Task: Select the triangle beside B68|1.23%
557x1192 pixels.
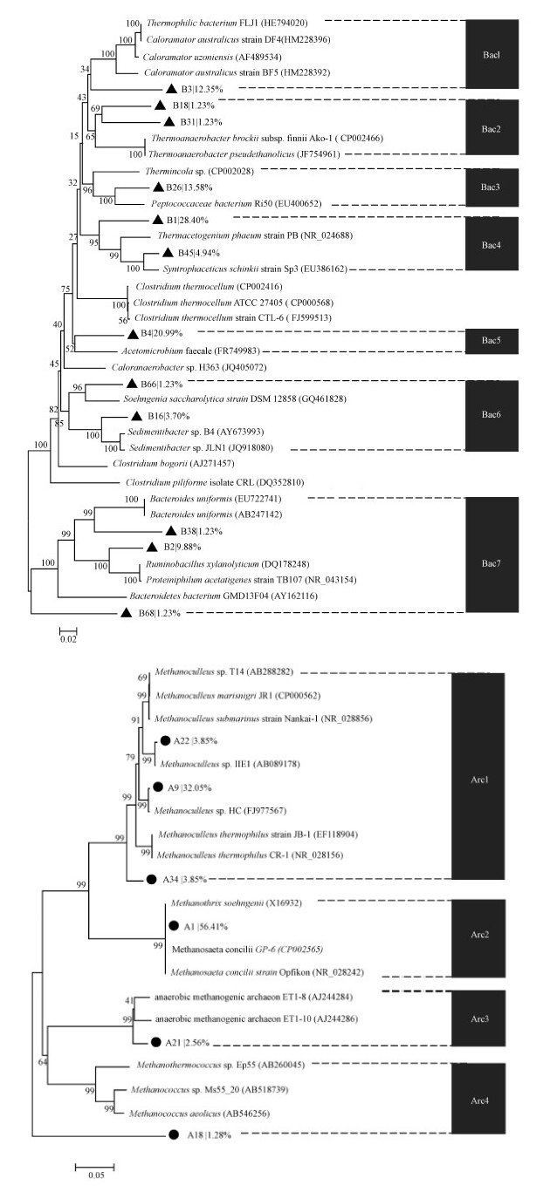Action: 126,615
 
